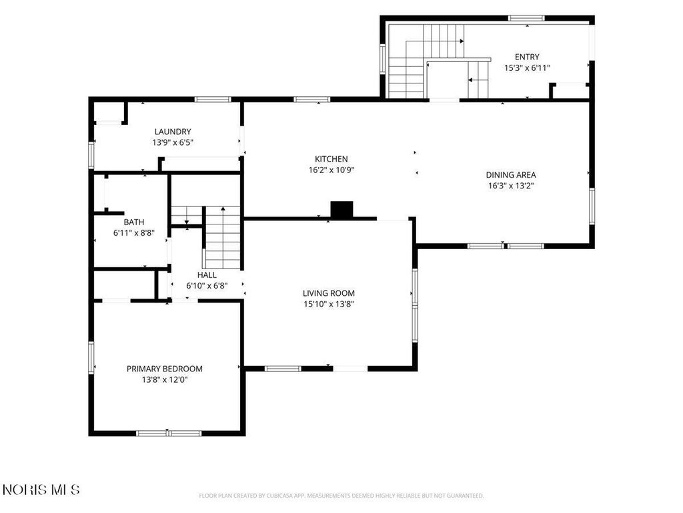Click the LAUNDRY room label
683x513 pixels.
point(173,132)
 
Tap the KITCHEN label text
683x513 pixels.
point(331,159)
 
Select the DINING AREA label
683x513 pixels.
point(511,174)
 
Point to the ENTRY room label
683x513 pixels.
point(527,57)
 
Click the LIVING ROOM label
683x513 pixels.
point(328,293)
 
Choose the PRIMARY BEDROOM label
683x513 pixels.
point(164,369)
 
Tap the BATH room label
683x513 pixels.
point(133,222)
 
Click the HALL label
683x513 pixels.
point(207,275)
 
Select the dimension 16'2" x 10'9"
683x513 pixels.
point(331,170)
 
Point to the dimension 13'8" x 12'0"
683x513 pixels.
point(164,379)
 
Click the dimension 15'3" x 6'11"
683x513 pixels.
point(527,67)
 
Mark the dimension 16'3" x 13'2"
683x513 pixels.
point(511,186)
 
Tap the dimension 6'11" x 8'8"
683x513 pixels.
point(133,233)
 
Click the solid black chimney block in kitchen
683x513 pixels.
point(341,209)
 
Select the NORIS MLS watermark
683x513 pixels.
point(41,490)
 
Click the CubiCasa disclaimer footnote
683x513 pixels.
point(341,496)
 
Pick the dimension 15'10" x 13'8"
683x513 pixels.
point(328,304)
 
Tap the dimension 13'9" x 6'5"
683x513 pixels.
point(173,142)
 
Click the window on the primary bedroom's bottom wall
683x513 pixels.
point(169,433)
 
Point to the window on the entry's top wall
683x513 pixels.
point(526,18)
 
